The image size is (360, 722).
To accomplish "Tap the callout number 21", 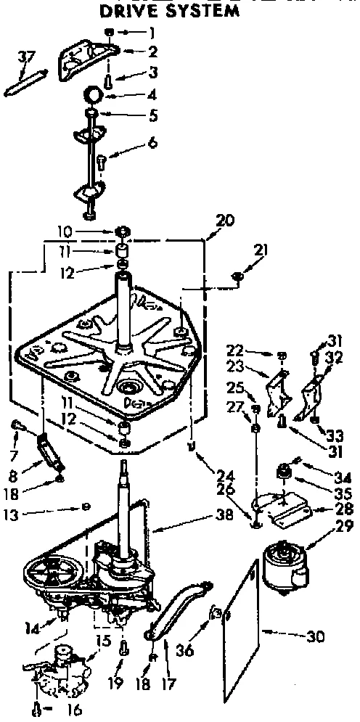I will pos(261,251).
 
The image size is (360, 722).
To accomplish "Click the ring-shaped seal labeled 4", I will pos(93,94).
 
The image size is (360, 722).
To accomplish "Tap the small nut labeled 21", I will pos(238,276).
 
